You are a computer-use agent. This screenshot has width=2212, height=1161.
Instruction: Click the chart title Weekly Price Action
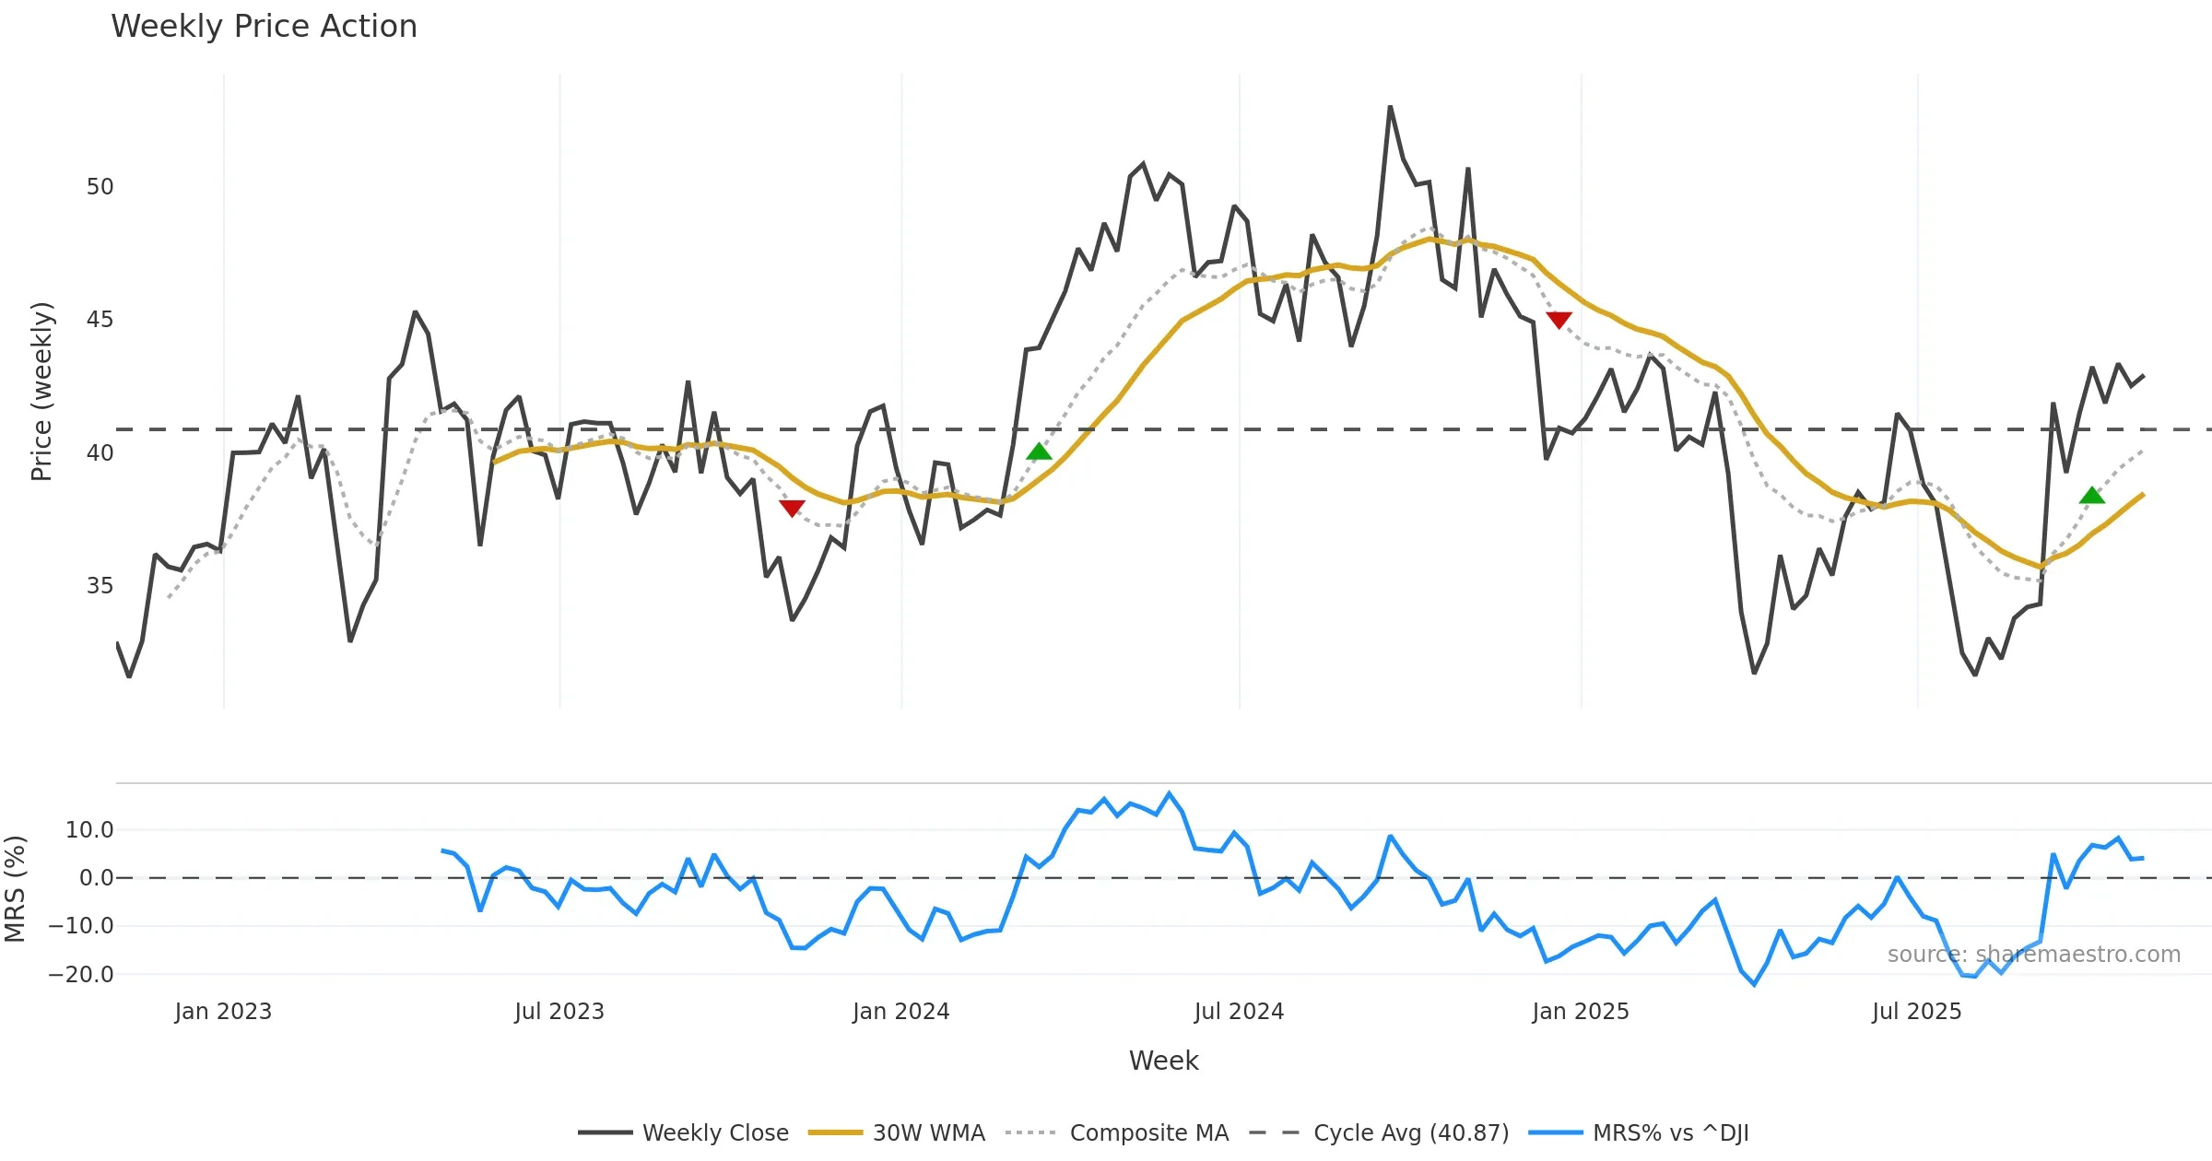(264, 27)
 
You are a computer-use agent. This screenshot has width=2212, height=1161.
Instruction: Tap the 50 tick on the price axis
(100, 187)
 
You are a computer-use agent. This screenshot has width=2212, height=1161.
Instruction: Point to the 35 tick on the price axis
(100, 586)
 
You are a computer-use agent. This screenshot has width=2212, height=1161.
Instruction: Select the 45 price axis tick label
(100, 320)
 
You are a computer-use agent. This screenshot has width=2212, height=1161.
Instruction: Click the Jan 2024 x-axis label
(900, 1012)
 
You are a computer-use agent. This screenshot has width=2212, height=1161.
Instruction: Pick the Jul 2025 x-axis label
(1916, 1012)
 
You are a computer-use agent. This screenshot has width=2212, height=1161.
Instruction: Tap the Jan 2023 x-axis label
(223, 1012)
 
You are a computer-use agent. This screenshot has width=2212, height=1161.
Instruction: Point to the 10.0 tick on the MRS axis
(89, 830)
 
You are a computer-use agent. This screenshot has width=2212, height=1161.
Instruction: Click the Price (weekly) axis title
(42, 392)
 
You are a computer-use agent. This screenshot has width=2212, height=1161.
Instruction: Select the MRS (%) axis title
(16, 889)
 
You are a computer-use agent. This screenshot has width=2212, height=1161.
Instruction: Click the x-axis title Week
(1163, 1061)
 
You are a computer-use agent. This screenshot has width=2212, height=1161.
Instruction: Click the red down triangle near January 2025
(1559, 320)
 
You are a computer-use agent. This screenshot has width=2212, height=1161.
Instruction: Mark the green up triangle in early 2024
(1039, 451)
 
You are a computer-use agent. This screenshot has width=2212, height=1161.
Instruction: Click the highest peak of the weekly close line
(1390, 108)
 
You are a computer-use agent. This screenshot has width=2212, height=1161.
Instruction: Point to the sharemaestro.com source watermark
(2033, 955)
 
